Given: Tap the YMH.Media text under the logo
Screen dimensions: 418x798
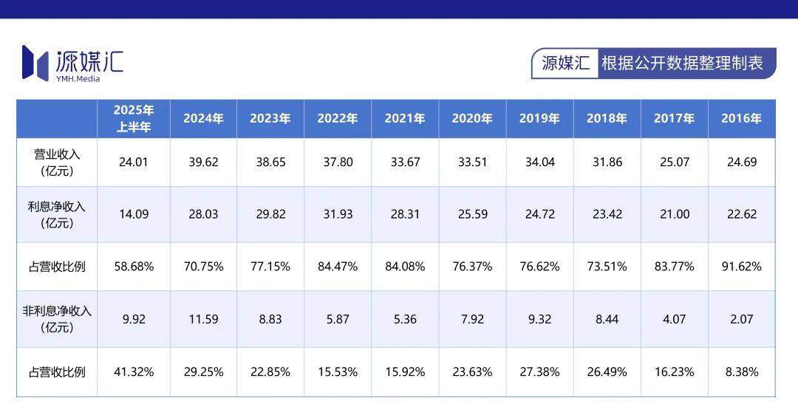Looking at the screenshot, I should pyautogui.click(x=78, y=79).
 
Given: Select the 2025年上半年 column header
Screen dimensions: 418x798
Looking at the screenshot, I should pyautogui.click(x=134, y=118).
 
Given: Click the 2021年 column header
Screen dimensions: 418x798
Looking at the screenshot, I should pyautogui.click(x=405, y=118).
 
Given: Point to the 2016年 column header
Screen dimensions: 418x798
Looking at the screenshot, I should pyautogui.click(x=741, y=118).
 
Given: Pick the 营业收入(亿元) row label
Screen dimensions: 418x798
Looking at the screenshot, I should pyautogui.click(x=57, y=162).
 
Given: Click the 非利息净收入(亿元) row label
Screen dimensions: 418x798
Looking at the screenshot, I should pyautogui.click(x=57, y=319).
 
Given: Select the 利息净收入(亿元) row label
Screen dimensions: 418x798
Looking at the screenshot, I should pyautogui.click(x=57, y=214).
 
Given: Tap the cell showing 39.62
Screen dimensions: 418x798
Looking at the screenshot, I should pyautogui.click(x=203, y=162).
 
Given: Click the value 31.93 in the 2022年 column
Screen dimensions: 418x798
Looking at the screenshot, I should pyautogui.click(x=338, y=214).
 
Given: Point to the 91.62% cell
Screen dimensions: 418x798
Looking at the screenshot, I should pyautogui.click(x=741, y=267).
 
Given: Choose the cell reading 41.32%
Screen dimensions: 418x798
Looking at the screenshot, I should pyautogui.click(x=134, y=372).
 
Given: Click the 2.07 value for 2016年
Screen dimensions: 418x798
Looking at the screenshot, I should pyautogui.click(x=741, y=319).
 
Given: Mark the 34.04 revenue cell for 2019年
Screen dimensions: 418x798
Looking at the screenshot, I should pyautogui.click(x=539, y=162).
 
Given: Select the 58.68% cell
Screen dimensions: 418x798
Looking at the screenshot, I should pyautogui.click(x=134, y=267).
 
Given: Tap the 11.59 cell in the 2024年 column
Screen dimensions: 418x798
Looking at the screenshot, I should pyautogui.click(x=203, y=319).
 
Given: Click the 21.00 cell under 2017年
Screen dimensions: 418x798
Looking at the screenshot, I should pyautogui.click(x=674, y=214).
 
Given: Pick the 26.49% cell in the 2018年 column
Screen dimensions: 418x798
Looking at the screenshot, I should pyautogui.click(x=607, y=372).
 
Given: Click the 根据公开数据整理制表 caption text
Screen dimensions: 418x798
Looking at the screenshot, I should pyautogui.click(x=682, y=63).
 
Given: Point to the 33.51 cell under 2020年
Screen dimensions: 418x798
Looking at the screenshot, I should pyautogui.click(x=472, y=162).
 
